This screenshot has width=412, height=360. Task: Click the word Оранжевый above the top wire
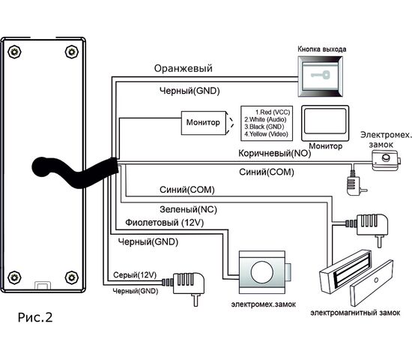[183, 68]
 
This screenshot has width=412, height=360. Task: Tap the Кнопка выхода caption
[322, 49]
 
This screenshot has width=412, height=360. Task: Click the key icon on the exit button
[321, 75]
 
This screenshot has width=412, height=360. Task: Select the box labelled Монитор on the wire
[203, 123]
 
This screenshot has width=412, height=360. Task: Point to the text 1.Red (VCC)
[273, 112]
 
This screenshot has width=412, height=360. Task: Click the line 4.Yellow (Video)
[266, 134]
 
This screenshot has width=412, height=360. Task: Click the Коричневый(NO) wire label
[275, 153]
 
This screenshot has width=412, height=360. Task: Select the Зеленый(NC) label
[188, 209]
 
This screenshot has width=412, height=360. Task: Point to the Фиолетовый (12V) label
[165, 223]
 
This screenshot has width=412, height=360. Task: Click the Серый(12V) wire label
[135, 275]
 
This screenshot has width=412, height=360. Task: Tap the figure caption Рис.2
[35, 317]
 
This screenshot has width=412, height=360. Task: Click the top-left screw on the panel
[14, 52]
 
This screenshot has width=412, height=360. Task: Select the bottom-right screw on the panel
[72, 277]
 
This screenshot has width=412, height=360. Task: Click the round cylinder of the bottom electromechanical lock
[262, 272]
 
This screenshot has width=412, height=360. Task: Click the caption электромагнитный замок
[355, 313]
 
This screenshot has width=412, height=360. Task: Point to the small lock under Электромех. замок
[386, 160]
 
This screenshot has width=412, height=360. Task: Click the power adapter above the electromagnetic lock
[368, 226]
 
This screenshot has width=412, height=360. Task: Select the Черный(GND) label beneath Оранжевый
[190, 91]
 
